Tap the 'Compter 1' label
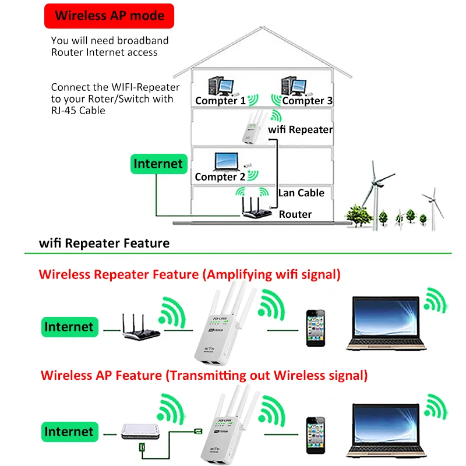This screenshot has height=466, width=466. coord(220,101)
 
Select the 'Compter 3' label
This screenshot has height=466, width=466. coord(308,101)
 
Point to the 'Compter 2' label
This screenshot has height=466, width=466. coord(220,176)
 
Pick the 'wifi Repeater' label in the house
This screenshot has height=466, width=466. coord(300,129)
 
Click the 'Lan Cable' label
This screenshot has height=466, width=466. coord(301,193)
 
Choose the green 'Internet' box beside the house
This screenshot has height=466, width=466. coord(158,164)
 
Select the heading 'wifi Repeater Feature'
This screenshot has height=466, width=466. coord(104,243)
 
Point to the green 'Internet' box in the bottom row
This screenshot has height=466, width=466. coord(69,432)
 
